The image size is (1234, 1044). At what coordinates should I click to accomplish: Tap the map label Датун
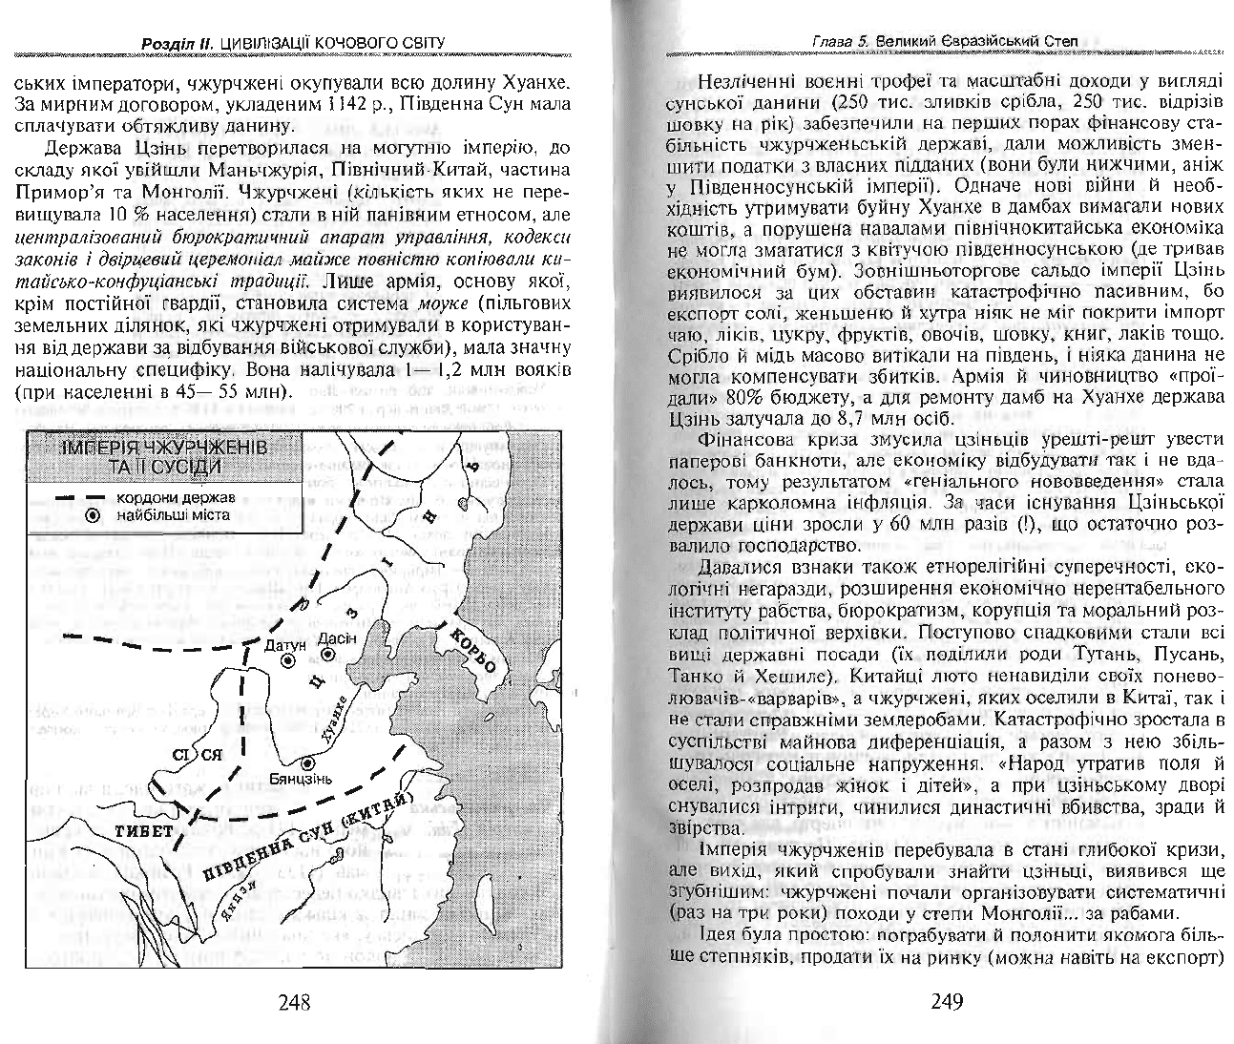pyautogui.click(x=283, y=646)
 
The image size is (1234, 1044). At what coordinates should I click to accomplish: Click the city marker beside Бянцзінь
pyautogui.click(x=307, y=763)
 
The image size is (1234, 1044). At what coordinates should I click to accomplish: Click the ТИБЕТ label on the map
pyautogui.click(x=145, y=830)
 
